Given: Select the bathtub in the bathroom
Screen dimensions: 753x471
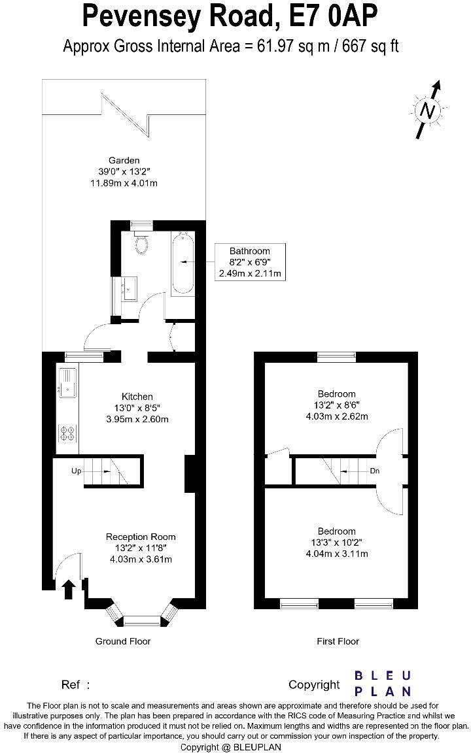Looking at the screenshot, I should (x=182, y=263).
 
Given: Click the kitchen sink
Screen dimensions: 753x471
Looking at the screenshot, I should (x=67, y=382).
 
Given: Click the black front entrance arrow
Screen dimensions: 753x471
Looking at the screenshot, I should (x=67, y=590).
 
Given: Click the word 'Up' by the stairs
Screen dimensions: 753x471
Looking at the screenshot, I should (x=77, y=471).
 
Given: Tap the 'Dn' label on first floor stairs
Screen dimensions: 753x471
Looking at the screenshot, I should (x=374, y=471).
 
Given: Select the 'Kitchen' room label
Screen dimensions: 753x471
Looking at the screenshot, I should (x=137, y=397).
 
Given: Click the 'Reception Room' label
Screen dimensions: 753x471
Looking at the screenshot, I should (x=141, y=537).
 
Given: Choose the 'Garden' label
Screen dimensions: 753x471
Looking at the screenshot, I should (x=124, y=160).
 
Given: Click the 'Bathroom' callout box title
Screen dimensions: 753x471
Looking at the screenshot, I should (x=249, y=251).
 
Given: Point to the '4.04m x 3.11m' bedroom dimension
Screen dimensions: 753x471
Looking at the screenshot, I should (x=337, y=554).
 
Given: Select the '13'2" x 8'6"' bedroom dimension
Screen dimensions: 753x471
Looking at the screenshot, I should (x=337, y=405).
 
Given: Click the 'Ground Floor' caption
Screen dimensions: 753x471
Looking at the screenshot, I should (x=123, y=641).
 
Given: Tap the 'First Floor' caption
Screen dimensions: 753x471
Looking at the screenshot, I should (x=338, y=641).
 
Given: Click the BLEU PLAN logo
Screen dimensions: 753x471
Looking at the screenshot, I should (x=383, y=683).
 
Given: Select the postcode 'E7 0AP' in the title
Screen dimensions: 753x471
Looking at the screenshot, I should (x=331, y=17).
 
